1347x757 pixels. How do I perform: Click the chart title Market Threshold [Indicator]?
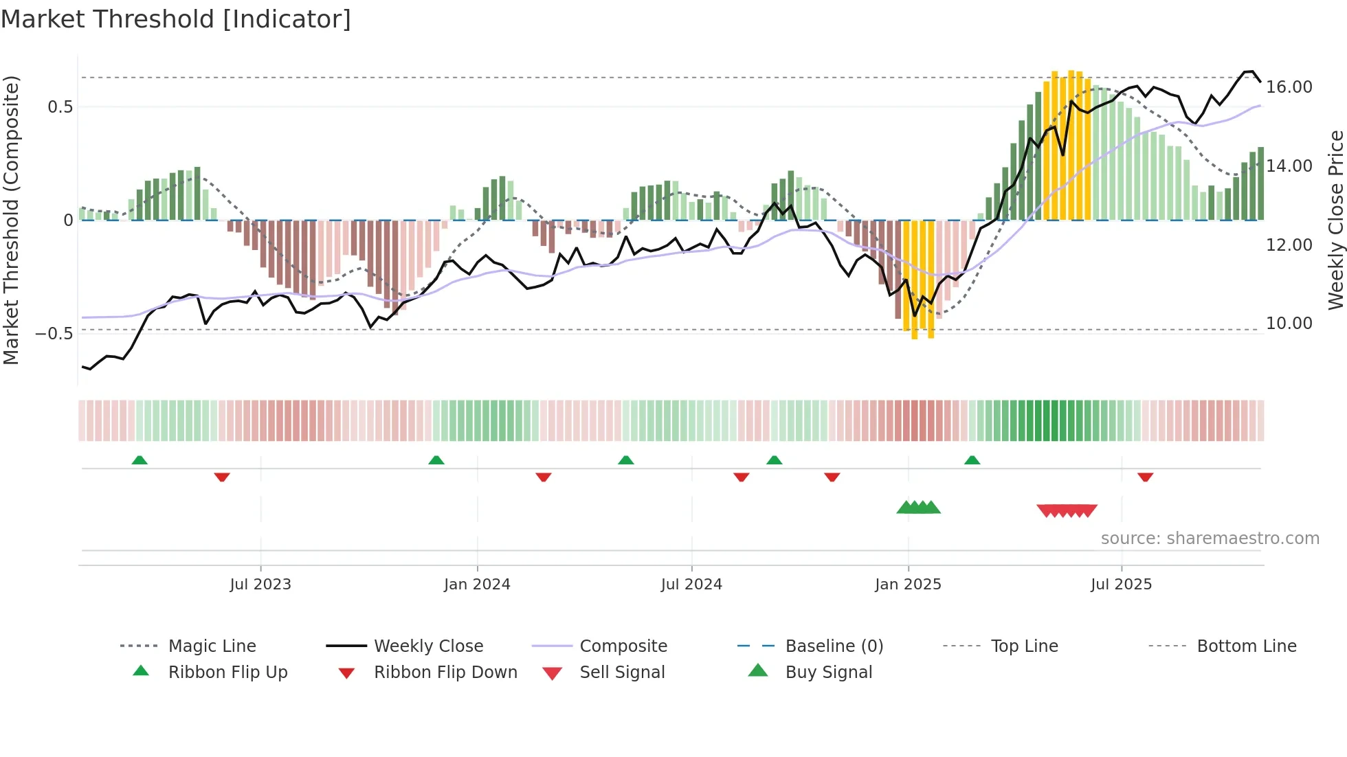[176, 19]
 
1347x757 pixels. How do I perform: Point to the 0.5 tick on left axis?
[60, 107]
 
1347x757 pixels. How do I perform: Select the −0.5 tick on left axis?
[54, 334]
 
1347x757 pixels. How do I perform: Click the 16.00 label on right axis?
[1289, 87]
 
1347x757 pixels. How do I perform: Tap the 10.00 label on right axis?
[1289, 324]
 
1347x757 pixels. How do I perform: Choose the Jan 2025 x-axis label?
[908, 585]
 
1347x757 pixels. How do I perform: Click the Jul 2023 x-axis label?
[260, 585]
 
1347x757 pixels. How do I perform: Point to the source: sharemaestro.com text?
[1210, 539]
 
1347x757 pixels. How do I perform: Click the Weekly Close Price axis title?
[1335, 220]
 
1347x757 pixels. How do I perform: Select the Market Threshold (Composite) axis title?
[11, 220]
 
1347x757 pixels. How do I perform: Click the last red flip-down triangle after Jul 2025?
[1145, 477]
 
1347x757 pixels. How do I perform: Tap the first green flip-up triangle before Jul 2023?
[140, 460]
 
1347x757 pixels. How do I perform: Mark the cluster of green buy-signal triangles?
[919, 508]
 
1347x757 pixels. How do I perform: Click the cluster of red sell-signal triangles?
[1067, 510]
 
